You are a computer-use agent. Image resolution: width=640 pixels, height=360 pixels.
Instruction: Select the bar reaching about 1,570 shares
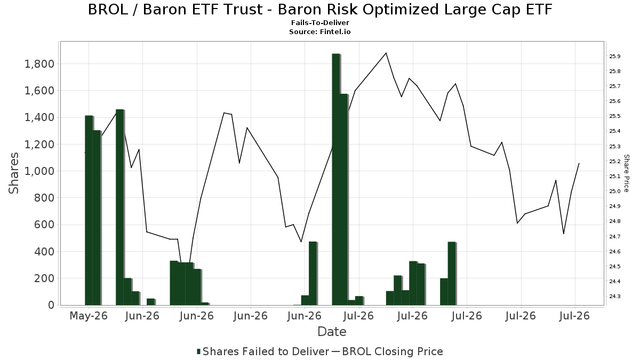(x=343, y=199)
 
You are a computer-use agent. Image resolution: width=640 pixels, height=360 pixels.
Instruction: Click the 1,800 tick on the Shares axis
(x=39, y=63)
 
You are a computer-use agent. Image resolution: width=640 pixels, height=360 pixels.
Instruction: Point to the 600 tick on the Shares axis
(x=44, y=225)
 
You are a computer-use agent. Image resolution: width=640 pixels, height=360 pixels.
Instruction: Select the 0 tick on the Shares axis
(x=51, y=305)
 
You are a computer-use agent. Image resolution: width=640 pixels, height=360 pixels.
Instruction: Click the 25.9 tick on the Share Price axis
(x=615, y=57)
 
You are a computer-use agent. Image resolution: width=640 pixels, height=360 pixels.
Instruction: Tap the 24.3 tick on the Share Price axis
(x=615, y=297)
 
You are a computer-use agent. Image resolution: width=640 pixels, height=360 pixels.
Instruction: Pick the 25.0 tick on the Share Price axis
(x=615, y=191)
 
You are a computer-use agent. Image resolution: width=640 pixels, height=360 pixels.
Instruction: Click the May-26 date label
(x=89, y=316)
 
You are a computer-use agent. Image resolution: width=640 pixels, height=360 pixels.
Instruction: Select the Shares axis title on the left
(x=13, y=173)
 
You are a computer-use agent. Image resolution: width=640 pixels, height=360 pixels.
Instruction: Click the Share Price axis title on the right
(x=627, y=173)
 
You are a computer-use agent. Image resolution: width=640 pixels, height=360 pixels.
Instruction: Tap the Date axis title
(x=332, y=332)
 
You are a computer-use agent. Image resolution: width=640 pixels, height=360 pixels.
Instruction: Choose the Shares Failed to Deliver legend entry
(x=263, y=351)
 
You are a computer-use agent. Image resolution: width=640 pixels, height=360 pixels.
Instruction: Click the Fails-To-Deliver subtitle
(x=320, y=22)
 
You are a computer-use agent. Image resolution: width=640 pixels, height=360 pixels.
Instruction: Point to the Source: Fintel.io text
(x=319, y=31)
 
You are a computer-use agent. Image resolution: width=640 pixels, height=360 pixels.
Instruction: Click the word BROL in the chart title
(x=108, y=10)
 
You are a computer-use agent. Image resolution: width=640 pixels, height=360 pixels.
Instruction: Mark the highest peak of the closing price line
(x=386, y=53)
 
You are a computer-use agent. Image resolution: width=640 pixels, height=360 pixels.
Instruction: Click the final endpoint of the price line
(x=579, y=163)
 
